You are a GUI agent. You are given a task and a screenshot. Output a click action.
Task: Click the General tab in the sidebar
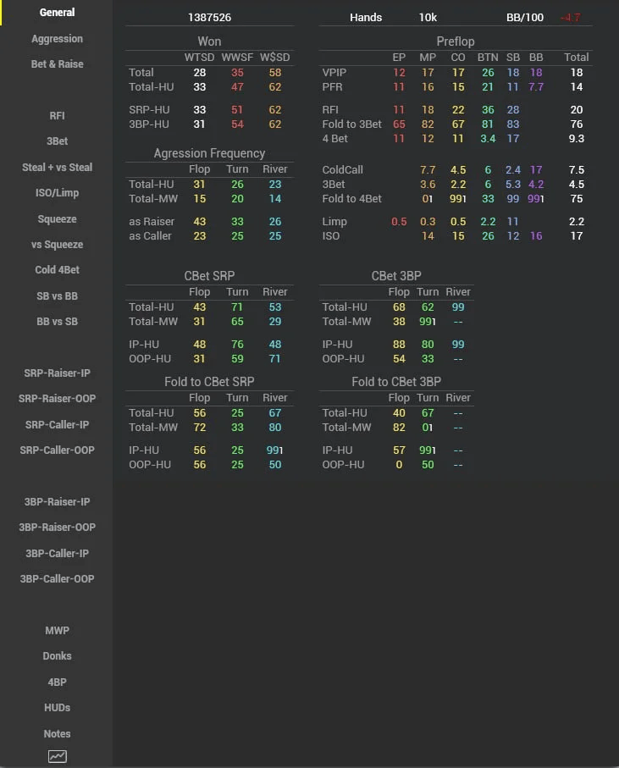tap(57, 13)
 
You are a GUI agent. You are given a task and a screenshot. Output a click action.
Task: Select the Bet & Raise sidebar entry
tap(57, 64)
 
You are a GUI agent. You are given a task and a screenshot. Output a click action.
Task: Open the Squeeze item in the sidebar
tap(57, 219)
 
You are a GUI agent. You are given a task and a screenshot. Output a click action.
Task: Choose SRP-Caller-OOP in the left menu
tap(57, 450)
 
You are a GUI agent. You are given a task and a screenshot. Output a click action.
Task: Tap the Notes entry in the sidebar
tap(57, 734)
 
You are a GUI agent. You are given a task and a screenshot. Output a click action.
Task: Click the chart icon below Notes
tap(57, 756)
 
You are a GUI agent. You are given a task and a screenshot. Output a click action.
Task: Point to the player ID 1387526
tap(210, 18)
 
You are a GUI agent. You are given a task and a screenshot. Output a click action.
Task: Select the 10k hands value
tap(428, 18)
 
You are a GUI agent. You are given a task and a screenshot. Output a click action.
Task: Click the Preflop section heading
tap(456, 41)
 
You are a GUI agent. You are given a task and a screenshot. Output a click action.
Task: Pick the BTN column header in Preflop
tap(488, 58)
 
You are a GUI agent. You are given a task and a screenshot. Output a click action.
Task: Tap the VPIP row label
tap(334, 73)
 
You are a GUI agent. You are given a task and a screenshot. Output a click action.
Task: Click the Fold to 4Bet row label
tap(352, 199)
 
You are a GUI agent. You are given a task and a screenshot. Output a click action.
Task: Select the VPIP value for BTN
tap(488, 73)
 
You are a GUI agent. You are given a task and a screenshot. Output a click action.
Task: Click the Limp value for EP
tap(399, 222)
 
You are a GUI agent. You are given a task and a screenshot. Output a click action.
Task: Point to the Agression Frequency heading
tap(209, 153)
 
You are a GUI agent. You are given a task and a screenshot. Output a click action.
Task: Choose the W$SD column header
tap(275, 58)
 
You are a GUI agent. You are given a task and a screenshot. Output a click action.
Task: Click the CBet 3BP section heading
tap(395, 276)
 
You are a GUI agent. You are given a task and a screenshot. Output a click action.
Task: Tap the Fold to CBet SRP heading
tap(209, 382)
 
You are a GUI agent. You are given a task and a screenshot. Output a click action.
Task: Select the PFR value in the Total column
tap(577, 87)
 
